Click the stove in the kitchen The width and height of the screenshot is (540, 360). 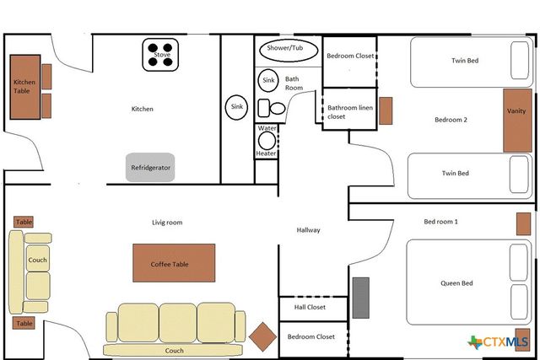(161, 55)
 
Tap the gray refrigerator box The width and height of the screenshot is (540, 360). (151, 167)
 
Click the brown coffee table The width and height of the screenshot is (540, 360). (173, 263)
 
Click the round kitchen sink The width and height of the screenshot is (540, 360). (236, 107)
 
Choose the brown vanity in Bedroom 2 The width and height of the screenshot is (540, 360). (517, 121)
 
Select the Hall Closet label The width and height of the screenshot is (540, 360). (310, 309)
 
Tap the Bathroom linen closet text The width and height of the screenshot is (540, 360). (346, 112)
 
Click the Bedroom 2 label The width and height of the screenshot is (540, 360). (451, 120)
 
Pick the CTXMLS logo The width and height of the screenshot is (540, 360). (499, 341)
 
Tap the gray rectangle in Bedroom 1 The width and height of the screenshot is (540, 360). (361, 298)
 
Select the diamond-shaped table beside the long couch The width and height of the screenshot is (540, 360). (263, 337)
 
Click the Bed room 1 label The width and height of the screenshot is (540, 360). (440, 222)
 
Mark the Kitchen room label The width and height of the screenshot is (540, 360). (142, 109)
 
